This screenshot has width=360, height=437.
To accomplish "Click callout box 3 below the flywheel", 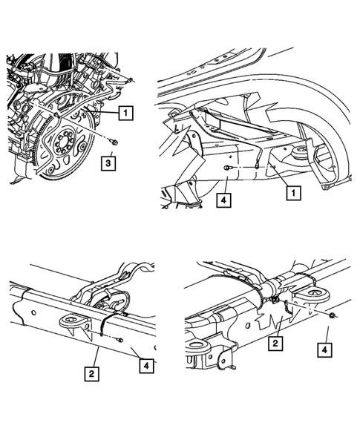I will click(109, 162).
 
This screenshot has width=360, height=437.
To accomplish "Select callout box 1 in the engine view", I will click(126, 113).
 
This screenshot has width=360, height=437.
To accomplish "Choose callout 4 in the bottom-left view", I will click(145, 366).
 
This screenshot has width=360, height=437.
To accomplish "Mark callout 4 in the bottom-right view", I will click(324, 347).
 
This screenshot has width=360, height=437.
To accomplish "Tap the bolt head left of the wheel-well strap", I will click(227, 170).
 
